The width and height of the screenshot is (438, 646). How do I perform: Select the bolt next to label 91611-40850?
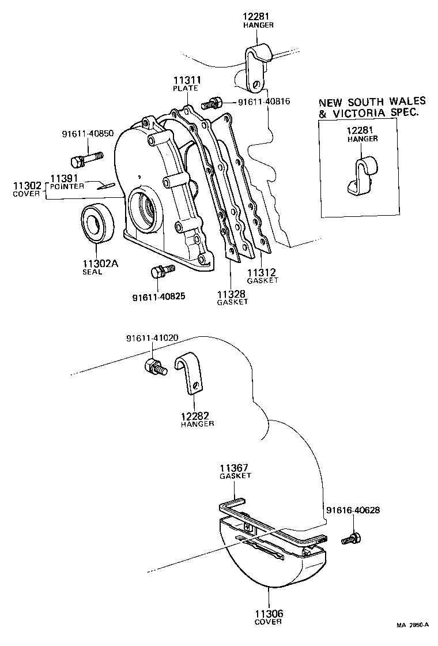point(86,157)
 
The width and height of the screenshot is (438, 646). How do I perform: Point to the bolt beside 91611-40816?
point(212,104)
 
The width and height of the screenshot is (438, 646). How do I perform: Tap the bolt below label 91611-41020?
point(155,366)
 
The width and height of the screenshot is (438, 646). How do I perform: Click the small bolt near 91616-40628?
point(351,539)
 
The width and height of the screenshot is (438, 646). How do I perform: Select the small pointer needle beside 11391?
point(107,185)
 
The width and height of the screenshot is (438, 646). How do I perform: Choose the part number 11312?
point(262,272)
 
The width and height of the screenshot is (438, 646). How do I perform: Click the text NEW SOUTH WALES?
point(372,102)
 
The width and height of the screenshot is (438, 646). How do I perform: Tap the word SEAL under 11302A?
point(92,272)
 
